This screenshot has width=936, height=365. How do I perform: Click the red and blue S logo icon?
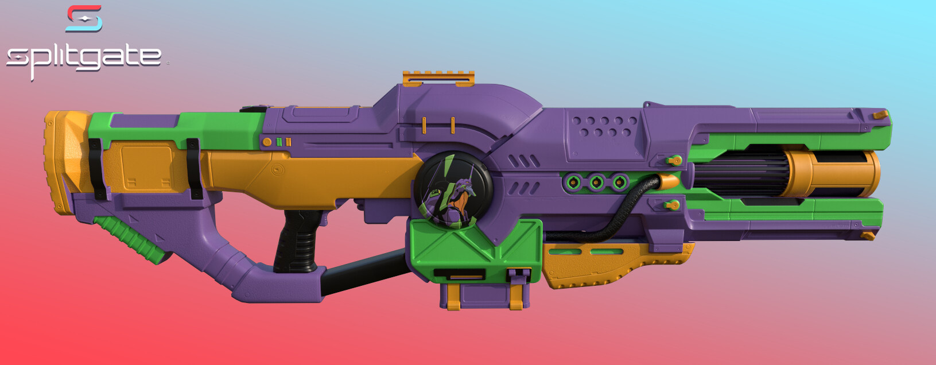pyautogui.click(x=84, y=18)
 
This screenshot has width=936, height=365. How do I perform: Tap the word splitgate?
pyautogui.click(x=84, y=58)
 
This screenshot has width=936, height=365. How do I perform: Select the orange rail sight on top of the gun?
pyautogui.click(x=438, y=78)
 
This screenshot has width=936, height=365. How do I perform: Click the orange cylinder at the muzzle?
pyautogui.click(x=832, y=173)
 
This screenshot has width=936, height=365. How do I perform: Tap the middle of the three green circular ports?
pyautogui.click(x=596, y=183)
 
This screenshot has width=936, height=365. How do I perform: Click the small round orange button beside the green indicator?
pyautogui.click(x=267, y=142)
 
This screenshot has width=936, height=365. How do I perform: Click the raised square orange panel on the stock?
pyautogui.click(x=147, y=167)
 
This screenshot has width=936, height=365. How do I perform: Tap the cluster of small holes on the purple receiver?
pyautogui.click(x=605, y=127)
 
